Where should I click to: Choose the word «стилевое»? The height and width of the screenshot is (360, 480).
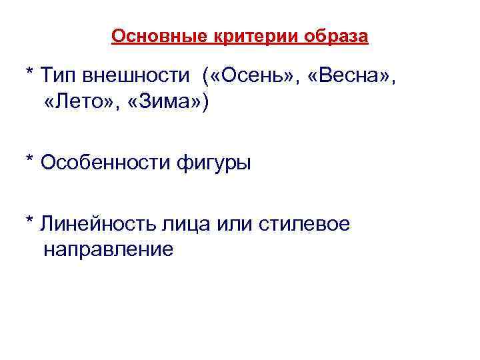[301, 224]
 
